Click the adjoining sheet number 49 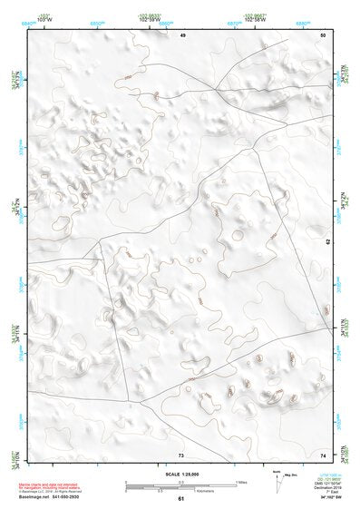click(181, 34)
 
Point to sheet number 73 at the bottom click(181, 455)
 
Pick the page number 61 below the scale click(181, 499)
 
